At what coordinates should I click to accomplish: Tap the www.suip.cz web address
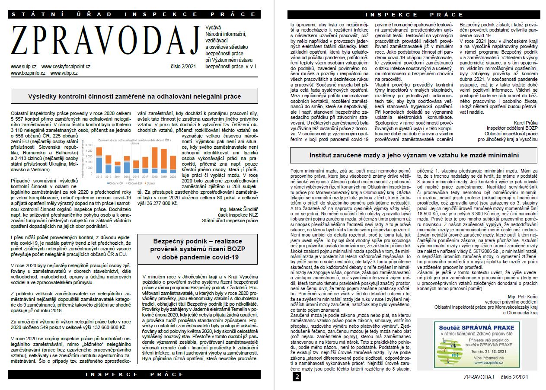(22, 67)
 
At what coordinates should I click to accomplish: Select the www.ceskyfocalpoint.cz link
(66, 67)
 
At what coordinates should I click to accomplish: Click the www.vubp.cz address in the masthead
(64, 73)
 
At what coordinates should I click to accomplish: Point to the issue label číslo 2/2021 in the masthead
(183, 67)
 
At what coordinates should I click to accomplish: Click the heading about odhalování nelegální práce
(134, 96)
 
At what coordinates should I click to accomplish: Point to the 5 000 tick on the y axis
(89, 145)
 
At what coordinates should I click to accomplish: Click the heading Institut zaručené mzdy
(414, 154)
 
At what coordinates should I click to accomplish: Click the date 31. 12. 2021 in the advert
(500, 352)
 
